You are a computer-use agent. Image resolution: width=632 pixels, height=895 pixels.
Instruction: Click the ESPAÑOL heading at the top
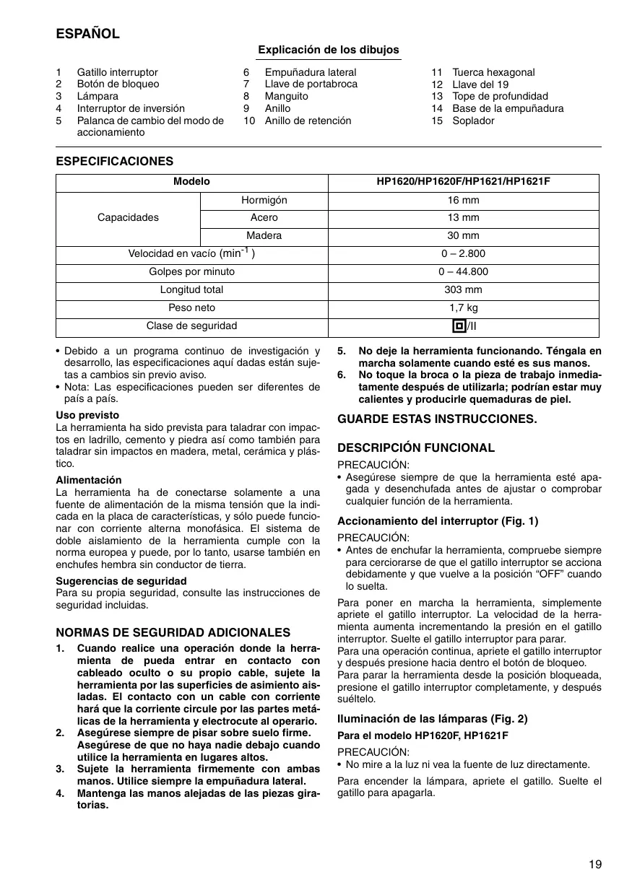click(x=87, y=34)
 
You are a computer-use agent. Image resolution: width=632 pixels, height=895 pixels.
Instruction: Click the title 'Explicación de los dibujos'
click(x=328, y=50)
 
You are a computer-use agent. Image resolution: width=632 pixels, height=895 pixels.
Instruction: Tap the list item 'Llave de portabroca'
click(x=311, y=84)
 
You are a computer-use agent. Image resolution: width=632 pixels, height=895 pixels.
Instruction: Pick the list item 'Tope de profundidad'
click(x=500, y=96)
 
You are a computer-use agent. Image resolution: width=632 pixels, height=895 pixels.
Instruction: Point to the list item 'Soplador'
click(x=473, y=121)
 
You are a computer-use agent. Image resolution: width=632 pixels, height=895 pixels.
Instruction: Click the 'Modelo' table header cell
click(x=191, y=182)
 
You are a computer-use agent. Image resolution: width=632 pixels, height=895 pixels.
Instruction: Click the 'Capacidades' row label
click(x=128, y=217)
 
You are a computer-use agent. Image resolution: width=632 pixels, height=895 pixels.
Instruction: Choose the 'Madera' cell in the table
click(x=264, y=235)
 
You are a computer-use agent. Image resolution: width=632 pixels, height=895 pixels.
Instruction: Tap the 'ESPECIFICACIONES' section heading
click(x=115, y=161)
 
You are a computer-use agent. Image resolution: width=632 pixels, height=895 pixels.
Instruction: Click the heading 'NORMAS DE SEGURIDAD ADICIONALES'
click(x=173, y=632)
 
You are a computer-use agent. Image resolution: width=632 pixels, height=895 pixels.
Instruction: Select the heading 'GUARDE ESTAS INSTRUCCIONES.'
click(x=438, y=419)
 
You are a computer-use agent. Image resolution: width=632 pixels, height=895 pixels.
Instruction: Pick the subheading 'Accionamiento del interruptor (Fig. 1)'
click(x=438, y=520)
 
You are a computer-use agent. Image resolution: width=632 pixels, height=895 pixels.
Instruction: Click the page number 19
click(x=594, y=864)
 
